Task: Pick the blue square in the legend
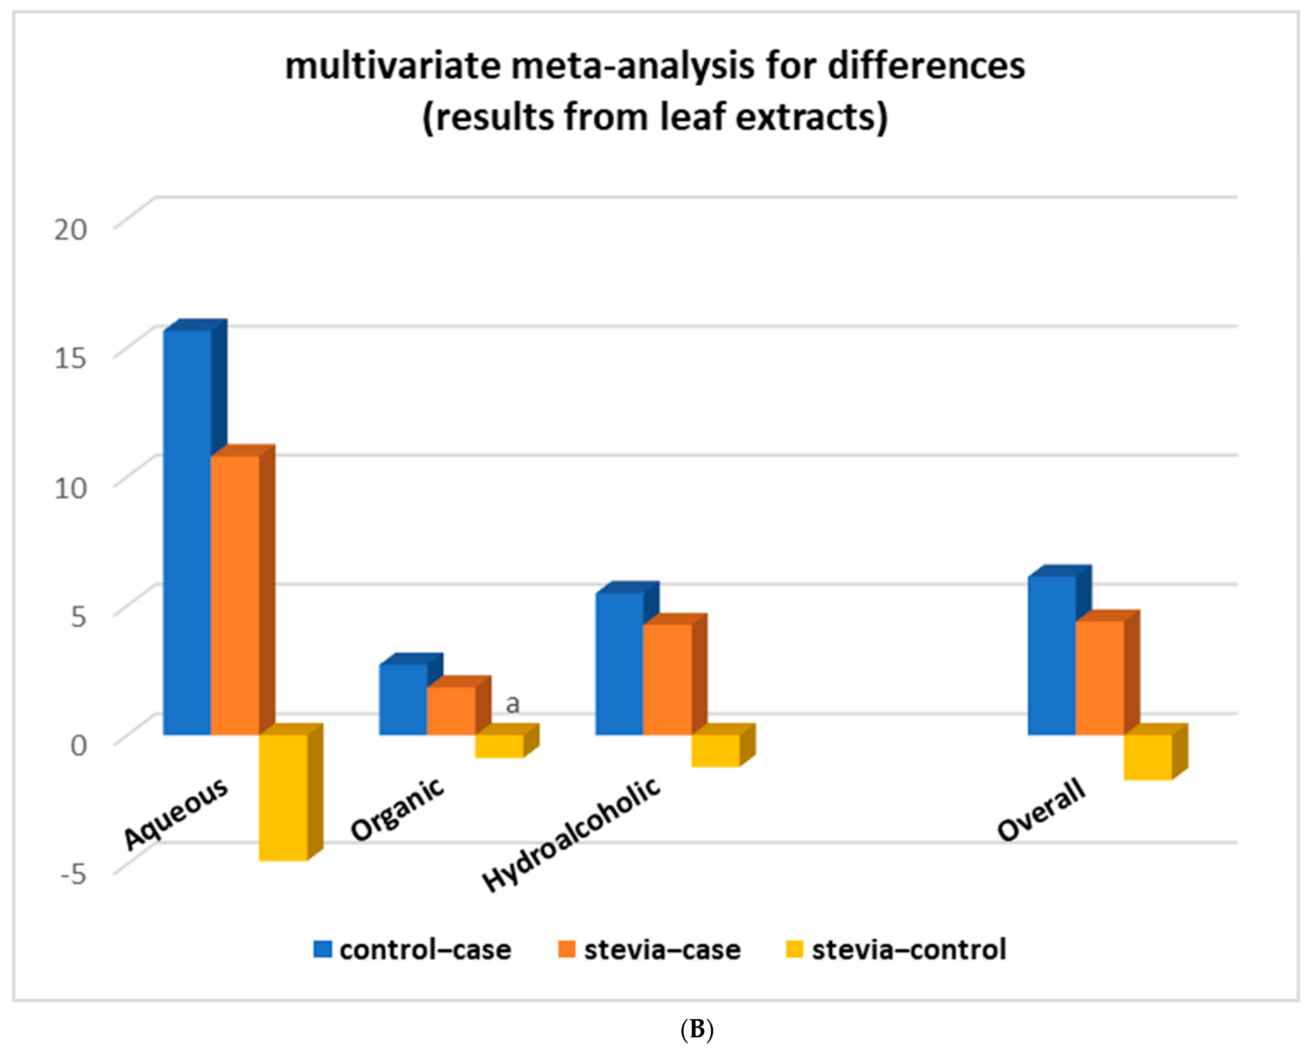click(322, 949)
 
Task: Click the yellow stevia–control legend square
click(794, 949)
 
